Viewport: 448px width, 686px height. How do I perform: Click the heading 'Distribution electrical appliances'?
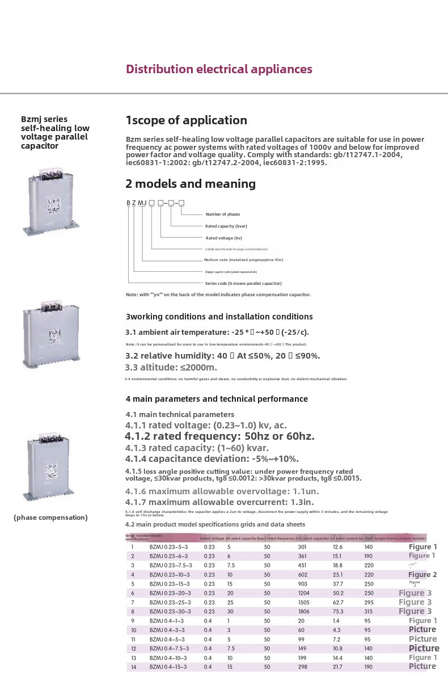tap(219, 69)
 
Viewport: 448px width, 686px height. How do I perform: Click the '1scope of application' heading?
tap(186, 120)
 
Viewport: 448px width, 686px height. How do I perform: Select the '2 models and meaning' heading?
tap(190, 184)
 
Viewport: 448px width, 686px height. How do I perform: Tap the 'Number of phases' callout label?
tap(222, 214)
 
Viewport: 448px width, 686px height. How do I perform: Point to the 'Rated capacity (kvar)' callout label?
tap(226, 226)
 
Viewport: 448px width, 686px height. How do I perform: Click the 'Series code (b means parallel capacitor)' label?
tap(243, 283)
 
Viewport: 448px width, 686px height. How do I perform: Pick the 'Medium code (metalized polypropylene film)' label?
tap(243, 260)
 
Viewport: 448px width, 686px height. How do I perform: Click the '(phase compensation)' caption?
tap(50, 517)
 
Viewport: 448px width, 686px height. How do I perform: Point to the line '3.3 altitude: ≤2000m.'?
tap(171, 367)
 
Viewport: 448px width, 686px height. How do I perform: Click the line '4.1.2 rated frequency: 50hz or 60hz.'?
tap(219, 436)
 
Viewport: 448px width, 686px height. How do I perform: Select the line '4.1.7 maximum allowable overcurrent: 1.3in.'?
tap(219, 502)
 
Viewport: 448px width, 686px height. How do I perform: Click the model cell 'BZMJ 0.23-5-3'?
tap(168, 547)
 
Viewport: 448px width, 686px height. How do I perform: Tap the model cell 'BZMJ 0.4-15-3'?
tap(168, 667)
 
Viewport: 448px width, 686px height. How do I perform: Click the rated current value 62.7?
tap(338, 602)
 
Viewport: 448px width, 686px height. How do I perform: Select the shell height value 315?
tap(369, 612)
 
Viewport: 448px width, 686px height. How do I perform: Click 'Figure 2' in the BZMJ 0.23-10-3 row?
tap(422, 575)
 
